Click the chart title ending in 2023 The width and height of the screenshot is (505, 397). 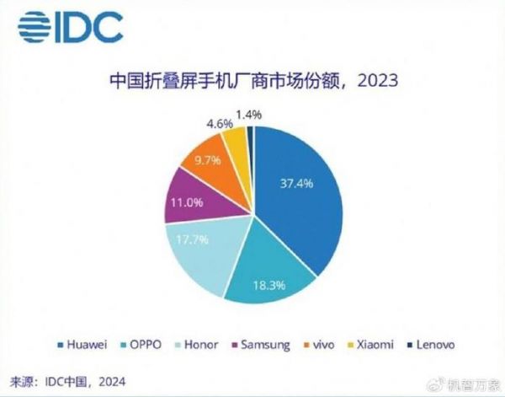252,82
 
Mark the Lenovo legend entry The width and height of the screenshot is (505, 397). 433,344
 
